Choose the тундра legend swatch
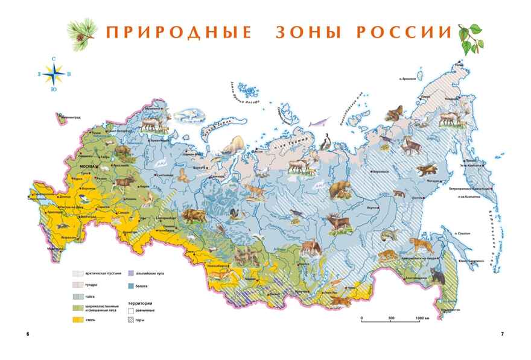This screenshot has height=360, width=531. [78, 284]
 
